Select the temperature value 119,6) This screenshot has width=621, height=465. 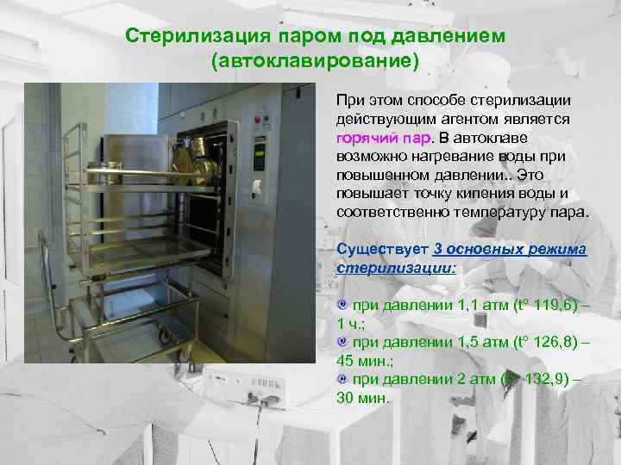[x=553, y=306]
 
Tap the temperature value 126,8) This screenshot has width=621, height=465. [x=553, y=342]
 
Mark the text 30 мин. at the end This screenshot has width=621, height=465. [x=363, y=399]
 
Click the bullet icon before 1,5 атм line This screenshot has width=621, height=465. [x=342, y=342]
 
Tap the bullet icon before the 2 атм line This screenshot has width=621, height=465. [x=342, y=379]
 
